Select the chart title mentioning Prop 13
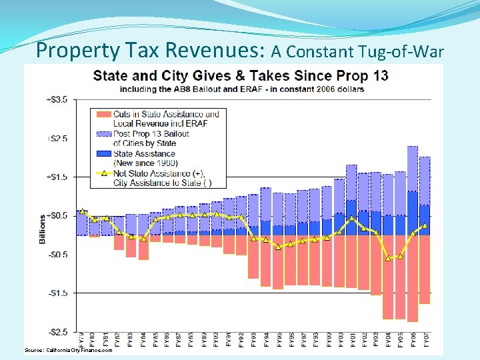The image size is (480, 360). pos(240,75)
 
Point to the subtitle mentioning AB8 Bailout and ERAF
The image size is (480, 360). pos(241,89)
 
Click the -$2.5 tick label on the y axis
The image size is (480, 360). pos(56,331)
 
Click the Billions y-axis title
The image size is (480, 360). pos(43,229)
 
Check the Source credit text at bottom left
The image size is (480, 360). pos(69,350)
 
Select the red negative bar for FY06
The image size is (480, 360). pos(413,278)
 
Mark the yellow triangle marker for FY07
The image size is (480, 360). pos(425,225)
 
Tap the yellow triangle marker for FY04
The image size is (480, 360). pos(388,258)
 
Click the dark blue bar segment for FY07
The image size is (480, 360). pos(425,220)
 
